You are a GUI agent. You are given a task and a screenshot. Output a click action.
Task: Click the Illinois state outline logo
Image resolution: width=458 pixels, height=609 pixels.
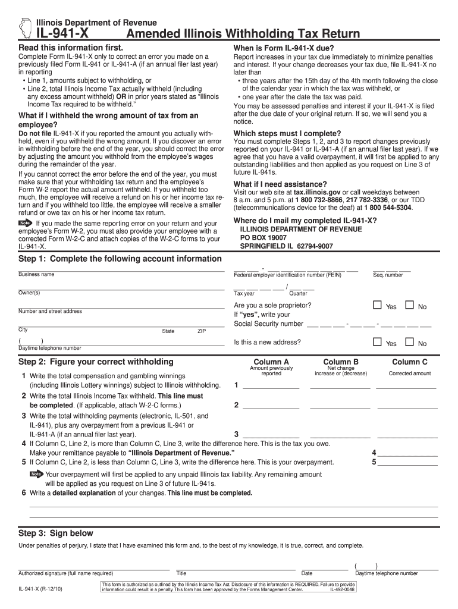coord(24,28)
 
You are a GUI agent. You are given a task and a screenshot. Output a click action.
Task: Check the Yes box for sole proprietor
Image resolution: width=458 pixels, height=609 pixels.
coord(377,306)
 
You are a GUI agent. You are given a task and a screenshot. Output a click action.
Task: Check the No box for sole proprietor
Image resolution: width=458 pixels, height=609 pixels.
coord(409,306)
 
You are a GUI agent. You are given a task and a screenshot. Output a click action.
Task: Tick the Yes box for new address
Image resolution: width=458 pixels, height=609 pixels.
coord(377,343)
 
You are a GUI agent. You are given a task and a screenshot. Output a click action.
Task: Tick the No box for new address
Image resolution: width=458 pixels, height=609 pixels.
coord(409,343)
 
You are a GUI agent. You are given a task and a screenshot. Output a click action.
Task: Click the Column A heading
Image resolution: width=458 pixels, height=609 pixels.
coord(271,362)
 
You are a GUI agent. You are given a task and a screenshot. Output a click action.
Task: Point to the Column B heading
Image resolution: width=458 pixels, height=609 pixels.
coord(341,362)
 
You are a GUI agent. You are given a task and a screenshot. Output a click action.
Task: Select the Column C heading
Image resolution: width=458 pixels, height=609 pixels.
coord(409,362)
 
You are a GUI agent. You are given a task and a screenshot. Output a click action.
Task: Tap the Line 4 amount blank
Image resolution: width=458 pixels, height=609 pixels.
coord(407,453)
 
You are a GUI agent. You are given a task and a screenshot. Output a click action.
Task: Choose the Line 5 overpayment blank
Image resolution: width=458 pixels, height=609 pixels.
coord(407,463)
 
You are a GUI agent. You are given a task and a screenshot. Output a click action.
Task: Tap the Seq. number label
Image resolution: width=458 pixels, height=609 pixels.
coord(388,275)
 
